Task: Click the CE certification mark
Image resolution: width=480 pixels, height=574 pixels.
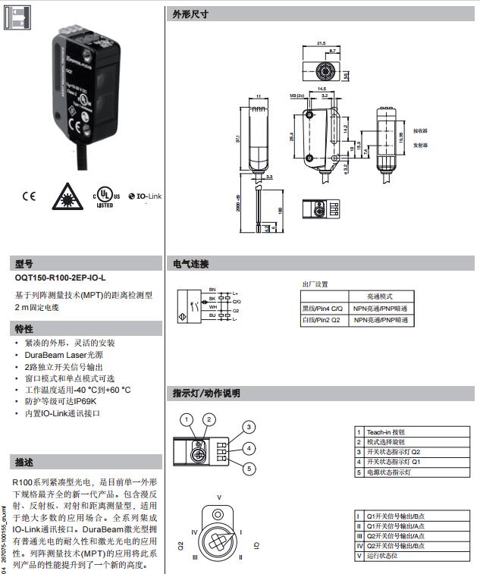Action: click(29, 196)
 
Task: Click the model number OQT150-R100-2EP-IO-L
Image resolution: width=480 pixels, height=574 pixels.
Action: click(61, 278)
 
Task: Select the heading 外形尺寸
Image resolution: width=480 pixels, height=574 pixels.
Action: click(190, 14)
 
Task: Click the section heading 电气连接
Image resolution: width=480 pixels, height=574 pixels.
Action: click(190, 264)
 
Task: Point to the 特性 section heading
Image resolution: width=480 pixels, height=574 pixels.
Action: click(24, 328)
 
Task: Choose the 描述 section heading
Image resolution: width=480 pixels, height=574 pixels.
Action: click(24, 462)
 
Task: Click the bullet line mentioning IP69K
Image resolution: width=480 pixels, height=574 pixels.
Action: click(61, 401)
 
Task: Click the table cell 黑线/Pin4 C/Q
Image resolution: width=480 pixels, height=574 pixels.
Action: click(323, 309)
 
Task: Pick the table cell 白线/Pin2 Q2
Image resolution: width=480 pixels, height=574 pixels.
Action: click(322, 321)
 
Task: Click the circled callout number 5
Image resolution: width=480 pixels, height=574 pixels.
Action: click(247, 469)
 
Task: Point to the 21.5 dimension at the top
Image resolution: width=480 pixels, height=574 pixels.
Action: click(321, 43)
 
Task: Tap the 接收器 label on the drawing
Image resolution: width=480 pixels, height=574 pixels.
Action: click(422, 130)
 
